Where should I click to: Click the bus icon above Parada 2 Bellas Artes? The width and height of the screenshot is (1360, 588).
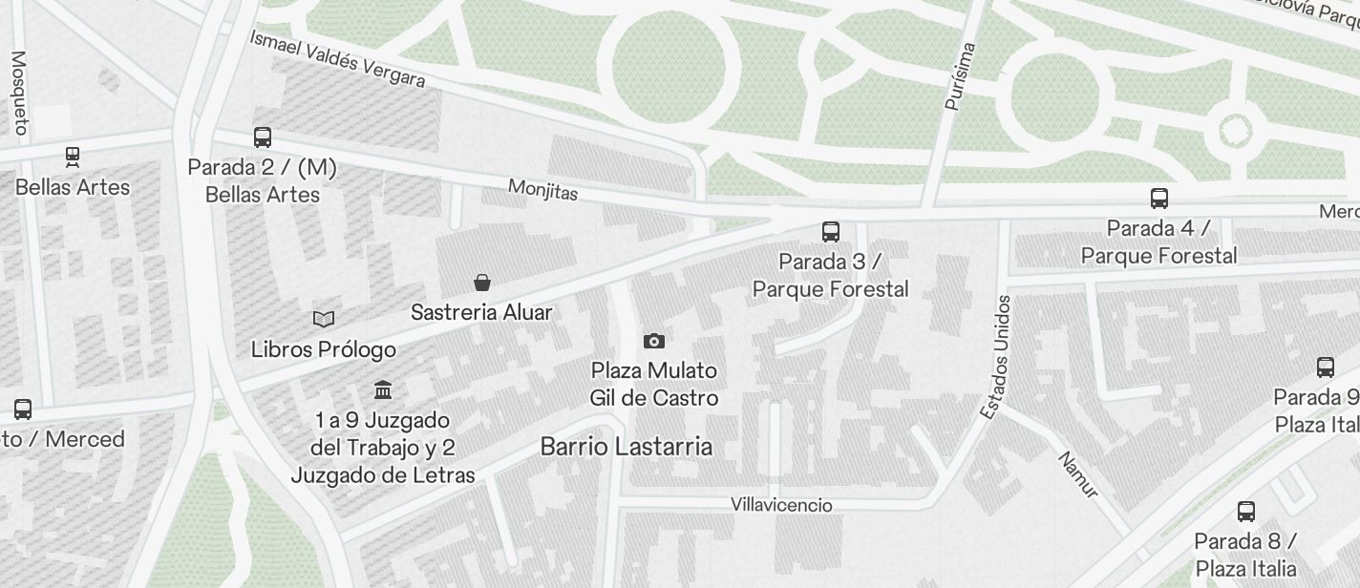pyautogui.click(x=263, y=137)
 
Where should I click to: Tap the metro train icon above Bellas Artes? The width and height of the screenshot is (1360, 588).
pyautogui.click(x=73, y=157)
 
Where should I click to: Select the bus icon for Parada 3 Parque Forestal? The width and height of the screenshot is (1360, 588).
pyautogui.click(x=831, y=231)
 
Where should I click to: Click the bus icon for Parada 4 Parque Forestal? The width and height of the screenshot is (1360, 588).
pyautogui.click(x=1159, y=199)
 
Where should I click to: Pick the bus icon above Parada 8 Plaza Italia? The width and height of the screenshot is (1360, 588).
pyautogui.click(x=1246, y=511)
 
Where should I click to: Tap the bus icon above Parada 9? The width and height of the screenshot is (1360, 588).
pyautogui.click(x=1326, y=367)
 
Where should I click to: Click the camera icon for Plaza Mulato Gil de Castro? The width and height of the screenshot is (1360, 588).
pyautogui.click(x=654, y=341)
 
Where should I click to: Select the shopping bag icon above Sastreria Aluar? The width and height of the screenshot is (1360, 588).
pyautogui.click(x=482, y=283)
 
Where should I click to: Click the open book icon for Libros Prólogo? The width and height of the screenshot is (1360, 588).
pyautogui.click(x=324, y=319)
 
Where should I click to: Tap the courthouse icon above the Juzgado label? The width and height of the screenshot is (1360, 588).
pyautogui.click(x=384, y=389)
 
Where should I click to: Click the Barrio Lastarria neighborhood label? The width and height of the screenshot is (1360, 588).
pyautogui.click(x=626, y=446)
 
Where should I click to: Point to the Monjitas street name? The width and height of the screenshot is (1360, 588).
pyautogui.click(x=542, y=190)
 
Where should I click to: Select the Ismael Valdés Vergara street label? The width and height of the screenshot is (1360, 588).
pyautogui.click(x=337, y=58)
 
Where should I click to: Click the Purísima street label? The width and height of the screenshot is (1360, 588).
pyautogui.click(x=960, y=76)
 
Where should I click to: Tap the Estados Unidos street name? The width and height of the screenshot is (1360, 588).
pyautogui.click(x=994, y=356)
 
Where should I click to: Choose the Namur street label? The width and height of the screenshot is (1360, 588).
pyautogui.click(x=1078, y=474)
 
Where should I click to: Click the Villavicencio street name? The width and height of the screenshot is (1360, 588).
pyautogui.click(x=781, y=505)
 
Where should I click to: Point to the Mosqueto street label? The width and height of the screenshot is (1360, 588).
pyautogui.click(x=18, y=92)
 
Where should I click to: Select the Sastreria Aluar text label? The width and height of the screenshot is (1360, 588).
pyautogui.click(x=481, y=312)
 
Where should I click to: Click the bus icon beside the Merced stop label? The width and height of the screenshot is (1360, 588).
pyautogui.click(x=23, y=409)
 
